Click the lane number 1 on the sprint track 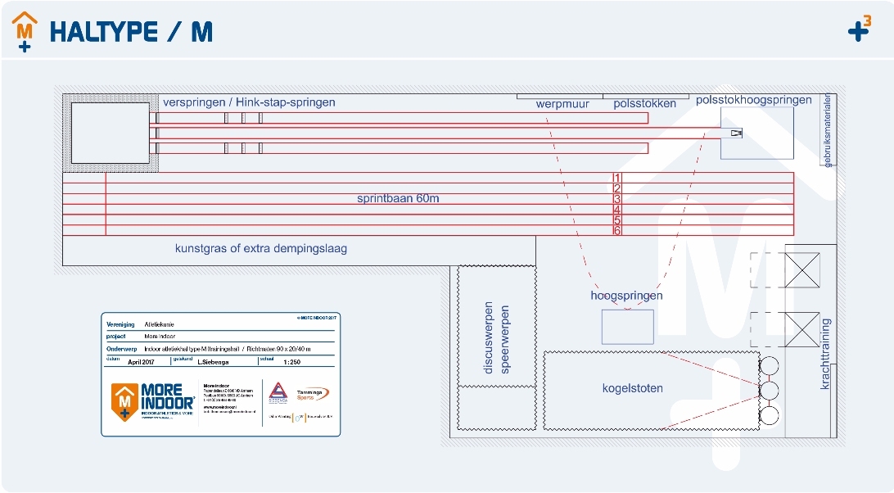point(618,178)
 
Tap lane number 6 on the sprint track point(618,231)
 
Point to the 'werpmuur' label point(562,104)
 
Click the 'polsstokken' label point(645,104)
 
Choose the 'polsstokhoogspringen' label point(754,101)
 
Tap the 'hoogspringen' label point(626,296)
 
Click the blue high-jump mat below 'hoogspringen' point(628,327)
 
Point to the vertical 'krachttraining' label point(825,354)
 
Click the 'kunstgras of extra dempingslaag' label point(260,248)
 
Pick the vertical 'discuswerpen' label point(489,339)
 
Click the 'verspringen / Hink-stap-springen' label point(249,103)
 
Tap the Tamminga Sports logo point(312,394)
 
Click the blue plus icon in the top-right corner point(859,31)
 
